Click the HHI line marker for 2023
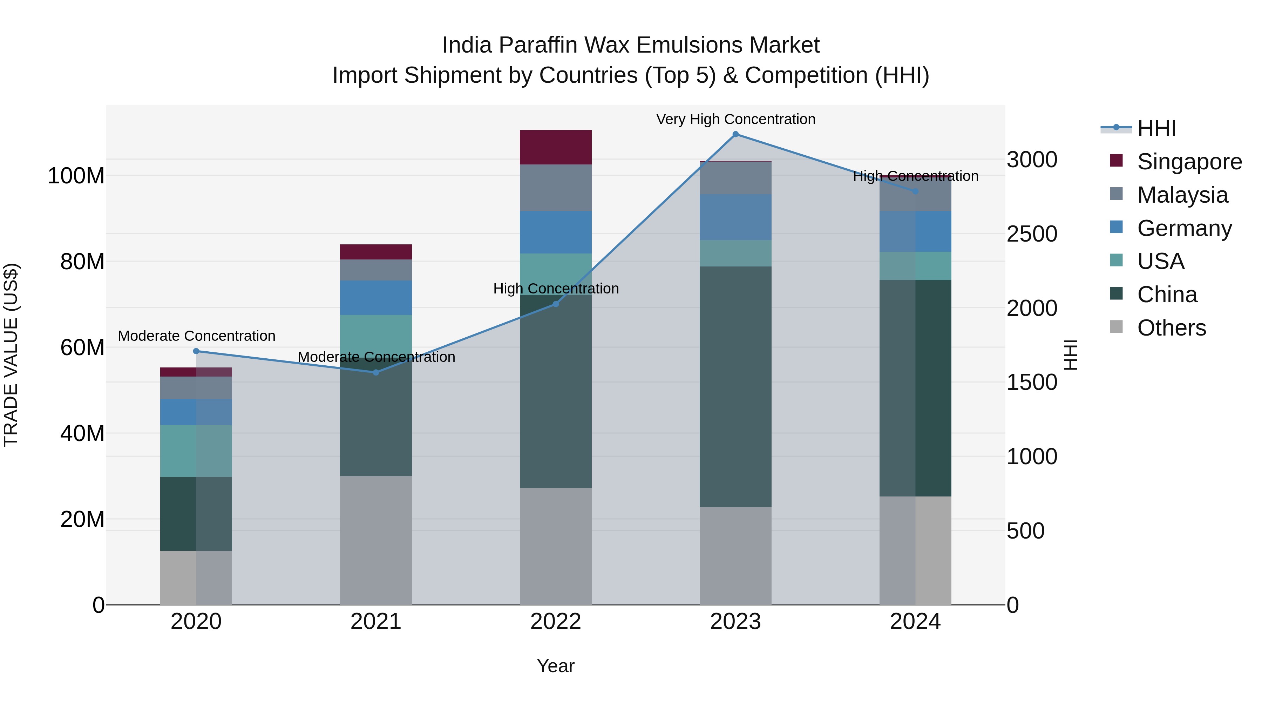pyautogui.click(x=735, y=134)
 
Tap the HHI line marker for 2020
pyautogui.click(x=196, y=351)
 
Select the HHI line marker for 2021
pyautogui.click(x=376, y=372)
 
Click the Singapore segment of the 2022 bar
pyautogui.click(x=556, y=147)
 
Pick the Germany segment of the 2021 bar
pyautogui.click(x=376, y=297)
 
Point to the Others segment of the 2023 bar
pyautogui.click(x=735, y=556)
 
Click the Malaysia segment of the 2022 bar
pyautogui.click(x=556, y=188)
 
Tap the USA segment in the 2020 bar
pyautogui.click(x=196, y=451)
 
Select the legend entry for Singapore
pyautogui.click(x=1189, y=162)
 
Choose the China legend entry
pyautogui.click(x=1167, y=295)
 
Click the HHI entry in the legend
pyautogui.click(x=1156, y=128)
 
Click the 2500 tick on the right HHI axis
pyautogui.click(x=1032, y=234)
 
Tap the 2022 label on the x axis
pyautogui.click(x=556, y=622)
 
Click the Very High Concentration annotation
pyautogui.click(x=735, y=119)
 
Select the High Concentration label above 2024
pyautogui.click(x=915, y=176)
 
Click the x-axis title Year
pyautogui.click(x=556, y=666)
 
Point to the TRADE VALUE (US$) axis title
pyautogui.click(x=11, y=355)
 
